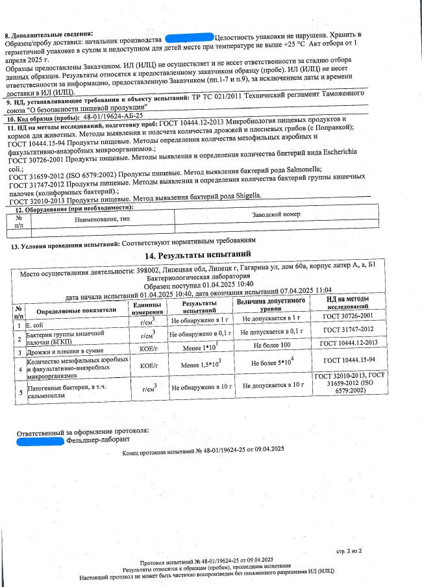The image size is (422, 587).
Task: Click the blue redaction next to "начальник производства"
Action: [190, 38]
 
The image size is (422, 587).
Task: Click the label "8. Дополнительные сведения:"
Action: [49, 32]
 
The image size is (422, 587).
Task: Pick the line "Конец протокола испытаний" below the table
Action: [203, 449]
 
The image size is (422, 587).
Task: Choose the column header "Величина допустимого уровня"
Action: [271, 306]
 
